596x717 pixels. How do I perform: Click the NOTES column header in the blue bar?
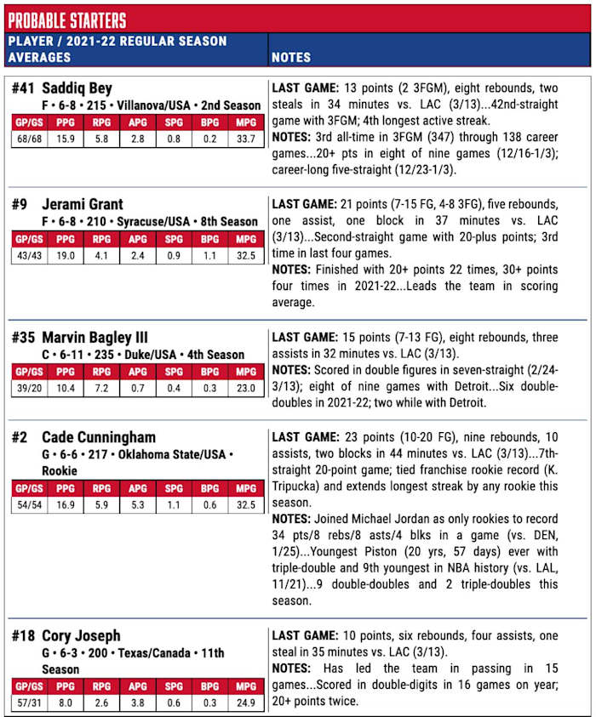point(290,57)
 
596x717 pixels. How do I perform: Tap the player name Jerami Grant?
point(82,204)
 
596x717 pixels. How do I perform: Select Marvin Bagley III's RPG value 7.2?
point(101,388)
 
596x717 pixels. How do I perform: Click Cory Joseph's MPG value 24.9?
point(245,703)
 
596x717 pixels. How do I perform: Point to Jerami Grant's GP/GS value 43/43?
point(29,254)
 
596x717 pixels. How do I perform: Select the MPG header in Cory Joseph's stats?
point(245,687)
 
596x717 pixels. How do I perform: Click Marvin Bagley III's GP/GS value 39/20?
point(29,388)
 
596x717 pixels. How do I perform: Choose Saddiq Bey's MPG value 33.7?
point(245,139)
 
